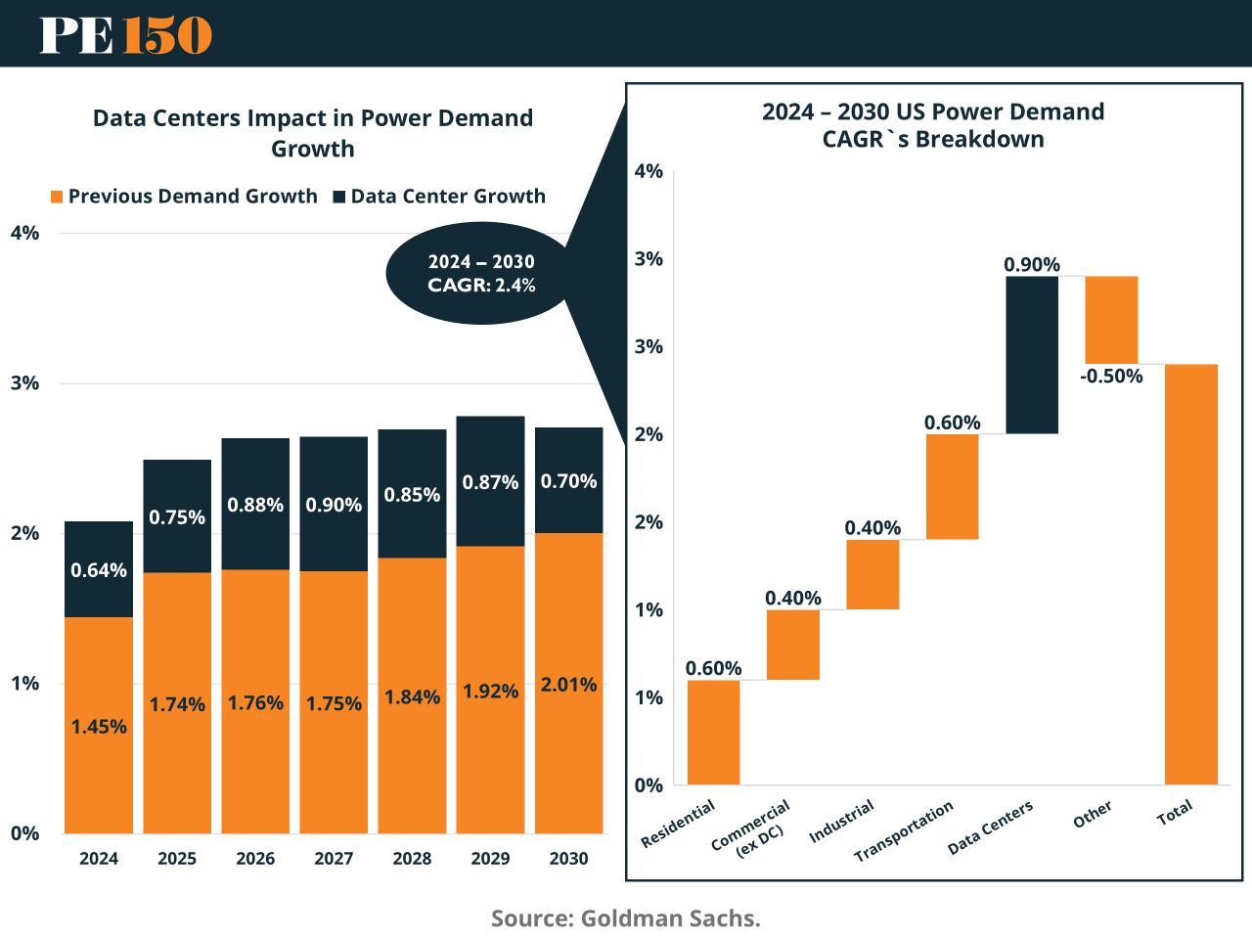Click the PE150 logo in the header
click(x=125, y=35)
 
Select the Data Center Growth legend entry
click(x=439, y=197)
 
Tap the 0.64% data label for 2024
click(x=99, y=570)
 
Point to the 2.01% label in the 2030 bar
click(x=568, y=685)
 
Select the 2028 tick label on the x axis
click(x=412, y=859)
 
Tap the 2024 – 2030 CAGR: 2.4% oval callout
click(x=481, y=274)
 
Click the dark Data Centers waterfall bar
click(x=1032, y=354)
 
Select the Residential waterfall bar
click(x=713, y=732)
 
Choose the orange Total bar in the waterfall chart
click(x=1190, y=574)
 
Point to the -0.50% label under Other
click(x=1111, y=377)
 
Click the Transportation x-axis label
click(x=904, y=832)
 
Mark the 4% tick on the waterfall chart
click(x=648, y=172)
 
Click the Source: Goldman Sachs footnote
click(x=626, y=918)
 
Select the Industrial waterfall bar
click(x=872, y=574)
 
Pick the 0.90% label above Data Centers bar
click(x=1032, y=265)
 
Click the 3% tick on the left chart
click(x=25, y=383)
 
